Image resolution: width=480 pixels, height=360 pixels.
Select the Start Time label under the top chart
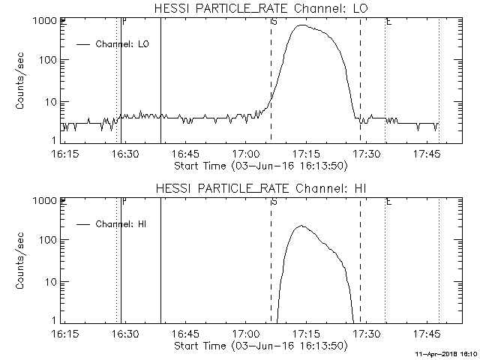(259, 166)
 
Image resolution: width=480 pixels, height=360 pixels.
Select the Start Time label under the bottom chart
(259, 346)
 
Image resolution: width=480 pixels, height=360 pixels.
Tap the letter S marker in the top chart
(274, 21)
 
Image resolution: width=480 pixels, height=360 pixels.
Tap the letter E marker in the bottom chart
(388, 201)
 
